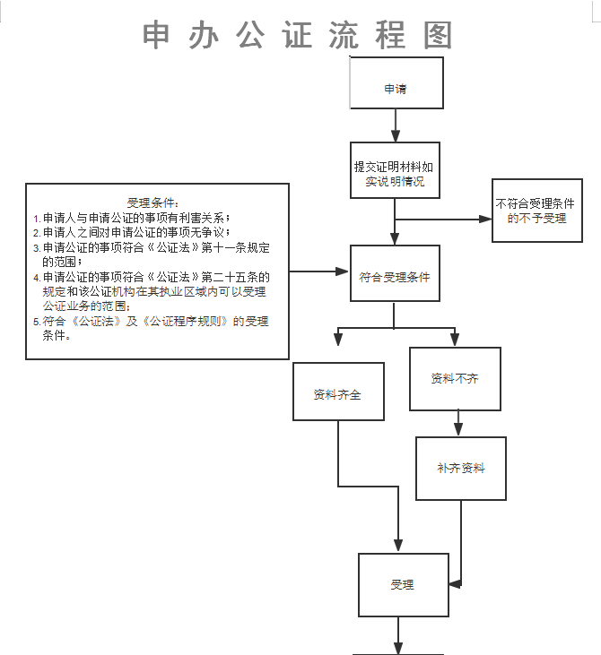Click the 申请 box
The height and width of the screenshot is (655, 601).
tap(396, 90)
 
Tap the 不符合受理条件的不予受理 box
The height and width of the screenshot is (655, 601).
tap(536, 211)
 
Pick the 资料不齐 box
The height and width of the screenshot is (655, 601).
tap(455, 378)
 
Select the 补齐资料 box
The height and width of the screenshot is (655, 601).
tap(460, 469)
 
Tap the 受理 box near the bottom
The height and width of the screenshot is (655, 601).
tap(403, 585)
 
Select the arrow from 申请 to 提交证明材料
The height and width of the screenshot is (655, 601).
tap(396, 125)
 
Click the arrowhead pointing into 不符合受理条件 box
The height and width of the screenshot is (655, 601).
tap(485, 219)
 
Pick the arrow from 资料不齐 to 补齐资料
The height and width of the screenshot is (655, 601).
tap(458, 423)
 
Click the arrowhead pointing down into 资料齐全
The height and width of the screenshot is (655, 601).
tap(338, 340)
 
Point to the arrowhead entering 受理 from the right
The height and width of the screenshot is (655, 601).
tap(456, 584)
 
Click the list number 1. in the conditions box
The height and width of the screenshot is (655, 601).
tap(37, 219)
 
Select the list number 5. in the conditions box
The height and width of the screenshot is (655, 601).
tap(37, 322)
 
